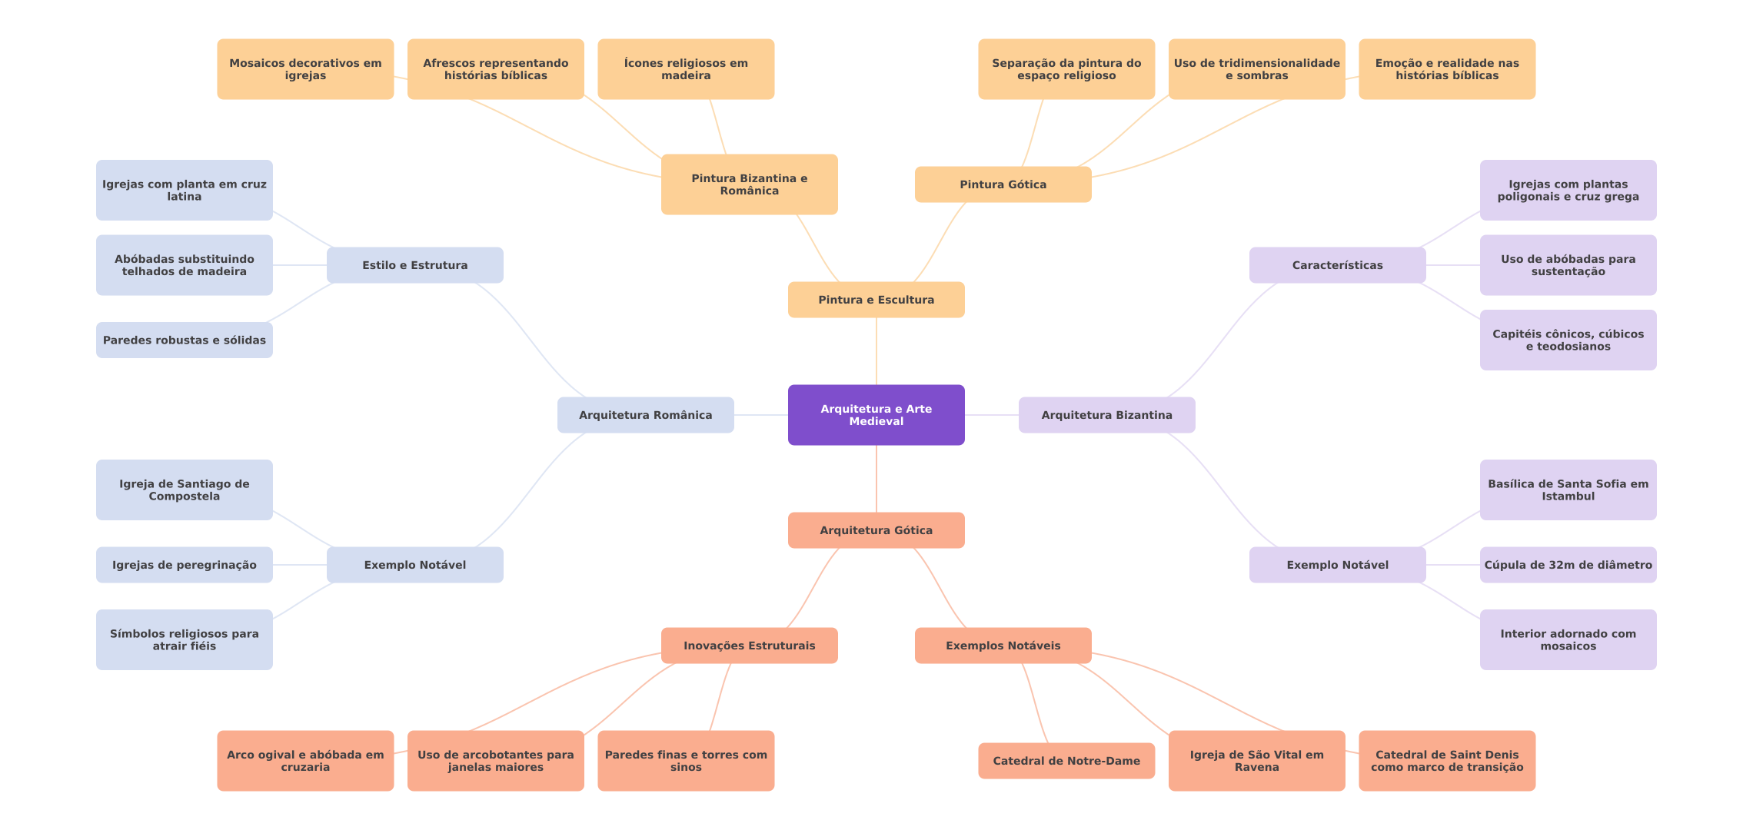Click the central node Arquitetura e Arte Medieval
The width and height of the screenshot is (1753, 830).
click(x=876, y=415)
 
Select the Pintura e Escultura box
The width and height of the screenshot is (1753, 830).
click(x=876, y=300)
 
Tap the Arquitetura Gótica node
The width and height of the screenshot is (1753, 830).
click(x=876, y=530)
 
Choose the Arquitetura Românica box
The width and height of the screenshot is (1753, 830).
click(x=645, y=415)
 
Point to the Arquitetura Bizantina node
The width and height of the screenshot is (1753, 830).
click(x=1106, y=415)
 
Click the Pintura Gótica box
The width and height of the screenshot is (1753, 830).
click(x=1003, y=184)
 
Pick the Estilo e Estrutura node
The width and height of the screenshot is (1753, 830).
click(x=414, y=265)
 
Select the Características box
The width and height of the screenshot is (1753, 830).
click(x=1337, y=265)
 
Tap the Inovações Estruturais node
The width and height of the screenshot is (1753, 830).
click(x=749, y=646)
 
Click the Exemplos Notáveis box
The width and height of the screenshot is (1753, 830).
click(x=1003, y=646)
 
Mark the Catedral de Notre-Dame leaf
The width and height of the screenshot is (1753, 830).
click(x=1066, y=761)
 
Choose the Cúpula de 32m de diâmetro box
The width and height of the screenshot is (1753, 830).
click(x=1568, y=565)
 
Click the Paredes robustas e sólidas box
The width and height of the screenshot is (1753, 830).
click(x=184, y=340)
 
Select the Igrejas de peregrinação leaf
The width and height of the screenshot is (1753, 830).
click(x=184, y=565)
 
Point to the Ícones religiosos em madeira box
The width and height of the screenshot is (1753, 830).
click(x=686, y=69)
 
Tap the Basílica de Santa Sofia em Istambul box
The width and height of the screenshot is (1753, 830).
click(x=1568, y=490)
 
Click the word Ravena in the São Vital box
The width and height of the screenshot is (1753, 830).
click(x=1257, y=767)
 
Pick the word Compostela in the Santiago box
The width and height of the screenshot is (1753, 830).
click(x=184, y=496)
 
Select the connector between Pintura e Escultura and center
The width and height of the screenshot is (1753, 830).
click(x=876, y=351)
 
